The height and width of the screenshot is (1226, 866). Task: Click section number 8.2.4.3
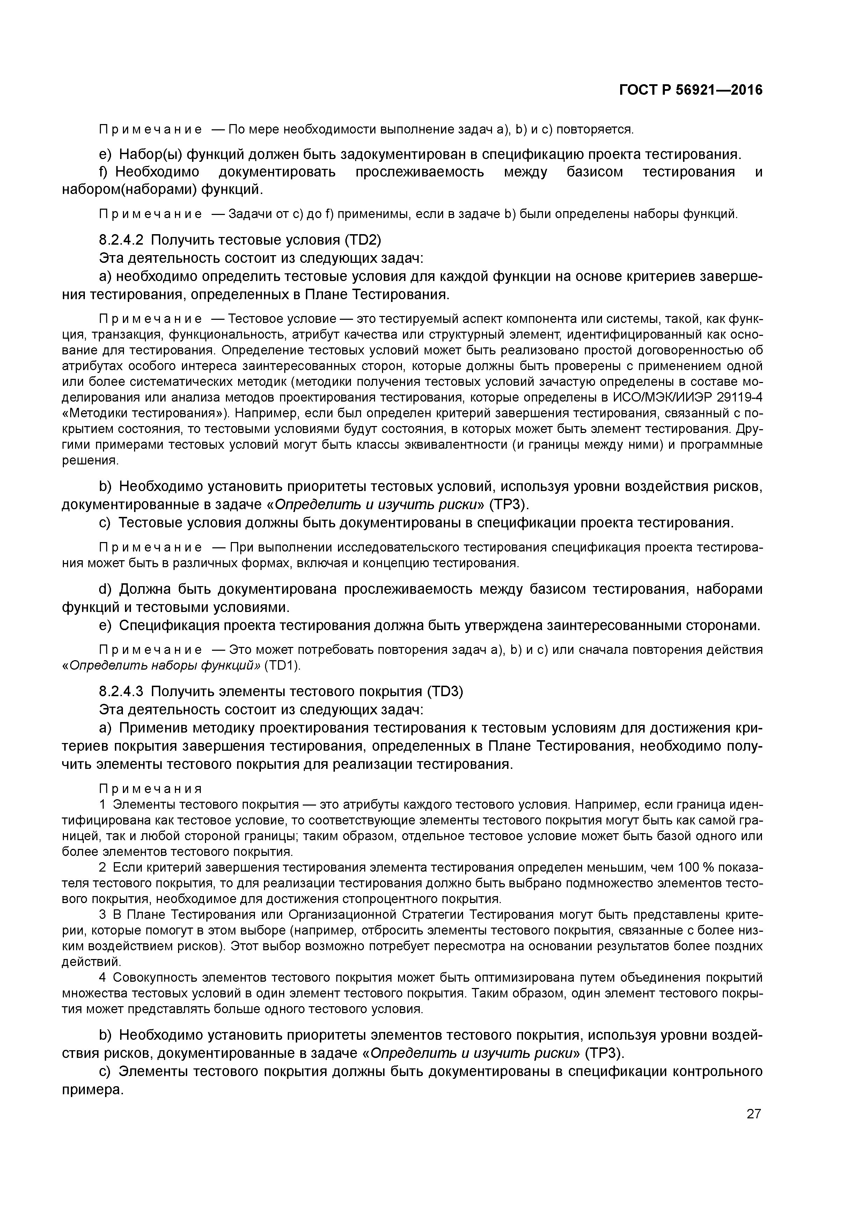[x=121, y=692]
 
